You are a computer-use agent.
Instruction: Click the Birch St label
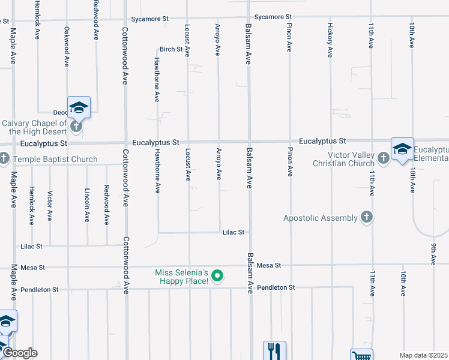coord(170,49)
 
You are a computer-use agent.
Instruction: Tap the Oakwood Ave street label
coord(67,47)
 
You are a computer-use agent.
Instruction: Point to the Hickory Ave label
coord(330,40)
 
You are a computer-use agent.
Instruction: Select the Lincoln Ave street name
coord(87,207)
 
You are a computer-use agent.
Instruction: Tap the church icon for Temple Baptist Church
coord(4,159)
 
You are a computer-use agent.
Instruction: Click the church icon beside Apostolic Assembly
coord(367,218)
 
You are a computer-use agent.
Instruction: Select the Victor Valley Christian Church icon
coord(384,158)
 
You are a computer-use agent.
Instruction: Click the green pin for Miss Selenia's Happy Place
coord(218,276)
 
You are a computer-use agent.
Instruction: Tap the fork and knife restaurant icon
coord(274,349)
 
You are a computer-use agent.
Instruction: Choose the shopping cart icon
coord(361,355)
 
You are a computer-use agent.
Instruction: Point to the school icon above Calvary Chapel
coord(79,107)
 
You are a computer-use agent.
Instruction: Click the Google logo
coord(20,353)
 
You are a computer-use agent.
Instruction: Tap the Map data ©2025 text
coord(424,355)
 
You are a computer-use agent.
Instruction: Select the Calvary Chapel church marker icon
coord(76,127)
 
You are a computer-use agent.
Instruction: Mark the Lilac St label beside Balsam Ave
coord(234,232)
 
